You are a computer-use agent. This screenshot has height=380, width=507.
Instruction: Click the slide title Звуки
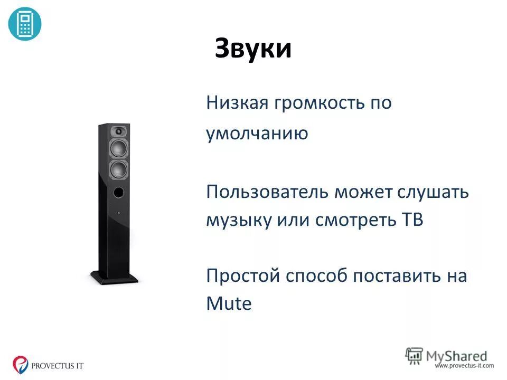(253, 49)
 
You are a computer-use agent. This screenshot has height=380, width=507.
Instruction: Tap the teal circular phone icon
(24, 24)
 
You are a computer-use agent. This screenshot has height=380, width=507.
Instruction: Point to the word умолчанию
(257, 134)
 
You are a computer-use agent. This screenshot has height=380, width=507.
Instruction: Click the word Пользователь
(267, 191)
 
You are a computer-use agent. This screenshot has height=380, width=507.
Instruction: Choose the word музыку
(239, 220)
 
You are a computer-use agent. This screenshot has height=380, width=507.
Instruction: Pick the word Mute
(229, 304)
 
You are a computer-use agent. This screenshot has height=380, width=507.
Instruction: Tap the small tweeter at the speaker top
(119, 130)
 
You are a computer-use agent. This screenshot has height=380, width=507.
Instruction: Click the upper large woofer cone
(119, 148)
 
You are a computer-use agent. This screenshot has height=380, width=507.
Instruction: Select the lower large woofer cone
(119, 170)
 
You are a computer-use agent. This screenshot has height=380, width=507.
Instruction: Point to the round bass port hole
(119, 192)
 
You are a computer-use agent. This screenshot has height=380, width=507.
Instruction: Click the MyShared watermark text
(456, 355)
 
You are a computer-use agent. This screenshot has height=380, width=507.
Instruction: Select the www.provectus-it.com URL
(464, 365)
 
